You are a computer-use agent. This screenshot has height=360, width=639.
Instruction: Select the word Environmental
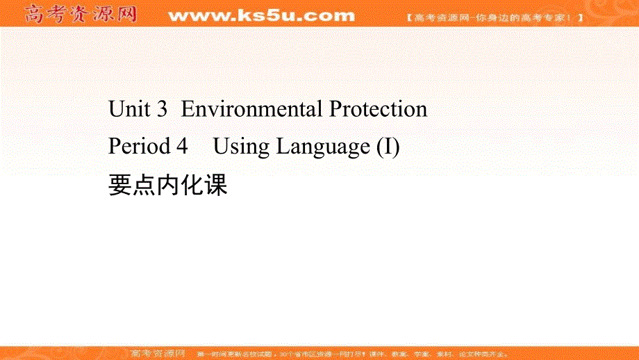[252, 109]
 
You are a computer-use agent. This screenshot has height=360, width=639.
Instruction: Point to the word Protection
[378, 109]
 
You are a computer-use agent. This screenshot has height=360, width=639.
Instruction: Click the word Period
[139, 147]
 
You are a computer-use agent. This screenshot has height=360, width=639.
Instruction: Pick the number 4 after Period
[183, 147]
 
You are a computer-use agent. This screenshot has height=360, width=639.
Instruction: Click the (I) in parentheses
[388, 147]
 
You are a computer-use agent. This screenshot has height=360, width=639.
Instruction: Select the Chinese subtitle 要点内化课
[168, 185]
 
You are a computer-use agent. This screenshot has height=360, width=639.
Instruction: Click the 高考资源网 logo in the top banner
[81, 15]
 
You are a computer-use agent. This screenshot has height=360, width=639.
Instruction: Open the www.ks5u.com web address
[261, 15]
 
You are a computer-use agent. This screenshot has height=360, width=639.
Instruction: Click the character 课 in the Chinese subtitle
[216, 185]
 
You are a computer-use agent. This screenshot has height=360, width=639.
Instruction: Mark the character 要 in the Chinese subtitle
[120, 185]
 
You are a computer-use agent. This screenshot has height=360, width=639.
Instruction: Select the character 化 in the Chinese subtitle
[192, 185]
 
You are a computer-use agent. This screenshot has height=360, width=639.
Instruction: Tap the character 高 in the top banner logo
[35, 15]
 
